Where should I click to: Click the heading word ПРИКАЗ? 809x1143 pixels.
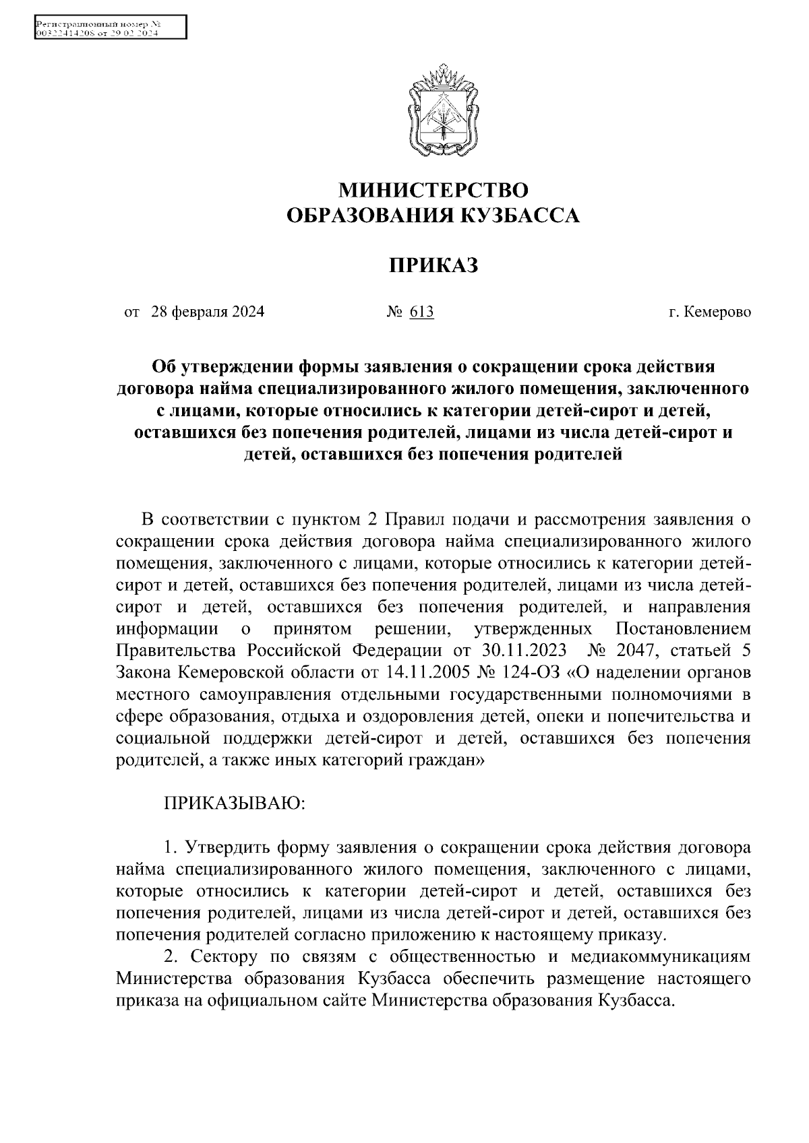click(433, 265)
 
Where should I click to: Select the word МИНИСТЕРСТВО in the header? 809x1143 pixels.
click(433, 189)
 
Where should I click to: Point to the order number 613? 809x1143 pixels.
click(421, 312)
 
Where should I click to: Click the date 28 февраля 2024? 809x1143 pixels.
click(208, 312)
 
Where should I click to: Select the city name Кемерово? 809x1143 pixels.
click(717, 312)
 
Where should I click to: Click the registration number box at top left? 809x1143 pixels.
click(109, 28)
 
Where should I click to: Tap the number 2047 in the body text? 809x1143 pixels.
click(630, 651)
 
